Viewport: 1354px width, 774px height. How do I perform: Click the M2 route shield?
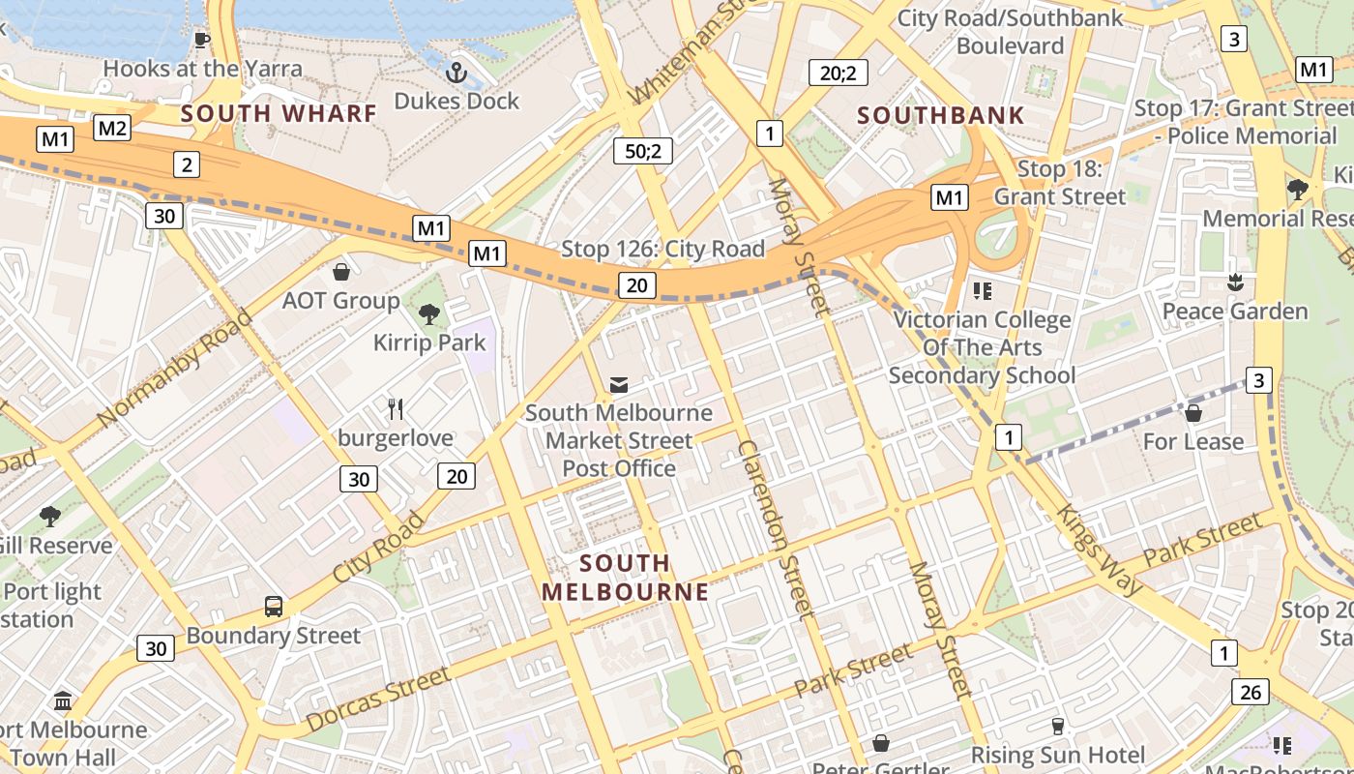pyautogui.click(x=112, y=128)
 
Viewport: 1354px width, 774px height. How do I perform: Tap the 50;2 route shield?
pyautogui.click(x=642, y=150)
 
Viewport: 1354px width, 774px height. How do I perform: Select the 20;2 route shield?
pyautogui.click(x=838, y=72)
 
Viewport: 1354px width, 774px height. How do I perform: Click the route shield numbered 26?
pyautogui.click(x=1251, y=691)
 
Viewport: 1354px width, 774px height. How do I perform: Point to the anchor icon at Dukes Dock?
pyautogui.click(x=456, y=73)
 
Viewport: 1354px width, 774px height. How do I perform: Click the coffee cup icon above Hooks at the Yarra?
pyautogui.click(x=201, y=40)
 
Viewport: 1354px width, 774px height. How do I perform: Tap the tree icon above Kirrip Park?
pyautogui.click(x=429, y=313)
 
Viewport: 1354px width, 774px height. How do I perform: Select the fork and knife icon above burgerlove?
pyautogui.click(x=396, y=408)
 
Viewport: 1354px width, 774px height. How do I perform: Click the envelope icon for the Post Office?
pyautogui.click(x=619, y=385)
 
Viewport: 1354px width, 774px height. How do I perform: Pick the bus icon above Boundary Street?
pyautogui.click(x=274, y=607)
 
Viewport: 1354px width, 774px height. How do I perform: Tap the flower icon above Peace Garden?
pyautogui.click(x=1234, y=283)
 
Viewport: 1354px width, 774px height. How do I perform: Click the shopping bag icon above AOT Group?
pyautogui.click(x=340, y=272)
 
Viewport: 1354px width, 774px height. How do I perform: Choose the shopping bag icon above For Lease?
pyautogui.click(x=1193, y=413)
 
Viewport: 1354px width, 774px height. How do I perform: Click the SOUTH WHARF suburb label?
pyautogui.click(x=279, y=113)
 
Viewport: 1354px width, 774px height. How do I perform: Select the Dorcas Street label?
pyautogui.click(x=378, y=699)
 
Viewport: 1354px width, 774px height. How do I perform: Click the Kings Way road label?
pyautogui.click(x=1100, y=549)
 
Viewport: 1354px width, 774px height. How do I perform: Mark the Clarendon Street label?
pyautogui.click(x=776, y=529)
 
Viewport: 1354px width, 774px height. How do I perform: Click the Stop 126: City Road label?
pyautogui.click(x=662, y=249)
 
